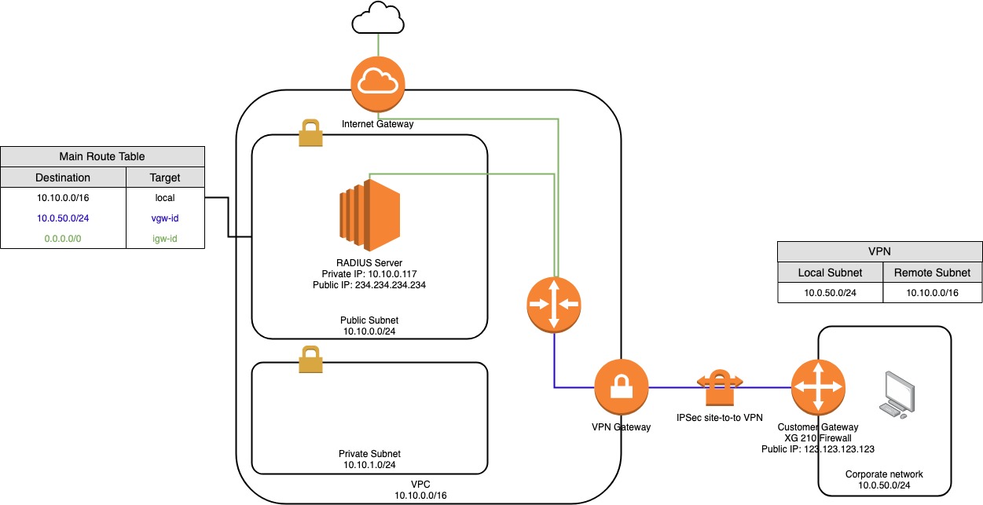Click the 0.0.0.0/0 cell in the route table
pos(63,237)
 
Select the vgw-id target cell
pos(165,218)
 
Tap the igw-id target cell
pos(165,237)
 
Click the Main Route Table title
pos(102,156)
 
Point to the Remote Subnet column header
pos(932,273)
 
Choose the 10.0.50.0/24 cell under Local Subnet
pos(830,293)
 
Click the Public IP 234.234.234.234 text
pos(369,284)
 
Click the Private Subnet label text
pos(369,454)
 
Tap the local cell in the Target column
pos(165,198)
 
